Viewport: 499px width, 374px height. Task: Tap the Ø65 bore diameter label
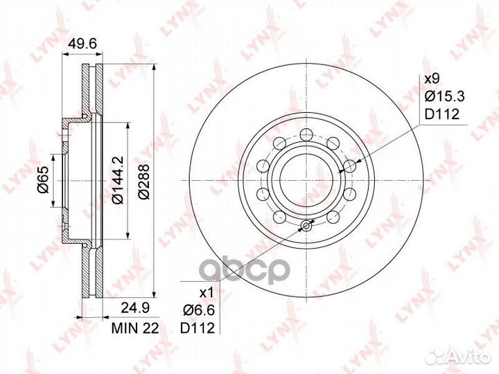point(43,180)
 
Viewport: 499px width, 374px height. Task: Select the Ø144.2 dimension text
point(117,180)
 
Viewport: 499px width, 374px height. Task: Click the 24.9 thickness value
point(135,308)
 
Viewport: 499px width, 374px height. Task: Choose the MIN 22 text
point(135,328)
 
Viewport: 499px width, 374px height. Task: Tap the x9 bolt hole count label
point(432,78)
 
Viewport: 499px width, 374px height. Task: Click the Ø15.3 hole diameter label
point(445,96)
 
